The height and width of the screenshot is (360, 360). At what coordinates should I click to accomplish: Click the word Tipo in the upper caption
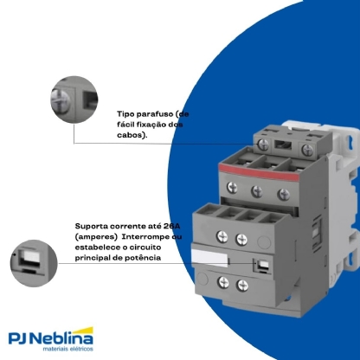point(126,113)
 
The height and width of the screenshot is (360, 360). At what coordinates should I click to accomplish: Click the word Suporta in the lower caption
point(93,224)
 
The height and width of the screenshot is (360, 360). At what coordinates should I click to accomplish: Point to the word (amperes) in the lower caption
point(95,235)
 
